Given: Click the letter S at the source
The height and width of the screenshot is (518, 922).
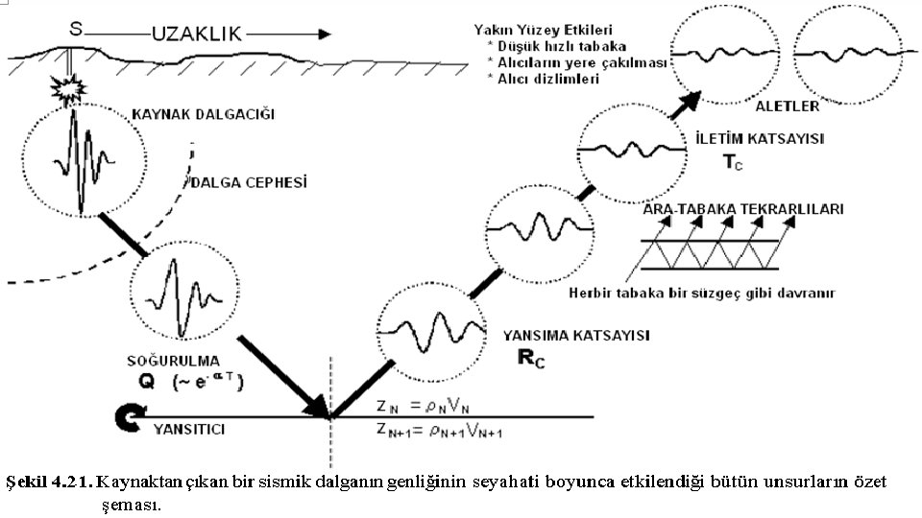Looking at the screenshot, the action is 75,30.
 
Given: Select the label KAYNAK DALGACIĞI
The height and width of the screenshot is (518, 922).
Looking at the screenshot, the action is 203,115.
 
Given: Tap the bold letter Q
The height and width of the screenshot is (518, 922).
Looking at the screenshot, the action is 146,381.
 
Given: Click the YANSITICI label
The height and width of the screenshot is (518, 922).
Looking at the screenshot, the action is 189,429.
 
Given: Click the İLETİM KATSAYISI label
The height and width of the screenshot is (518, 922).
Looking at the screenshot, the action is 759,139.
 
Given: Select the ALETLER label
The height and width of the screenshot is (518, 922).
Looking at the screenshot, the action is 787,105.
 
